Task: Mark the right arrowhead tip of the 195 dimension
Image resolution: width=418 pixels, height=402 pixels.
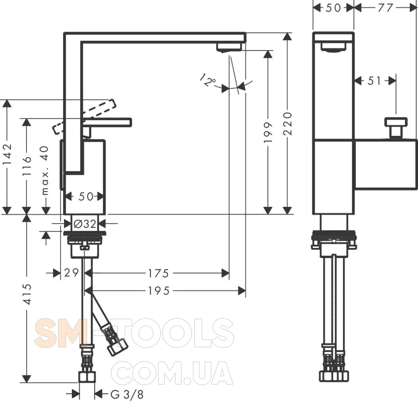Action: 245,291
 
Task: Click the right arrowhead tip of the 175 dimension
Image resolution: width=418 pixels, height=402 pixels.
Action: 229,273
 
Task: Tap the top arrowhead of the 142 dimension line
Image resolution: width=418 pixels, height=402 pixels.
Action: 7,100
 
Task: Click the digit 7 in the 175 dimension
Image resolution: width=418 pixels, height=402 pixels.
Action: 158,273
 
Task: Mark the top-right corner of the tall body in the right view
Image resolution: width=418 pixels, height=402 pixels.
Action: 354,32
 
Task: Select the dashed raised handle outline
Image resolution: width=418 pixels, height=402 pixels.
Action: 84,117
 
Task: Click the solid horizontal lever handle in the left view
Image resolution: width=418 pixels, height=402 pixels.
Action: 107,122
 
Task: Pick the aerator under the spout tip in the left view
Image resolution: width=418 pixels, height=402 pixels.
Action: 229,47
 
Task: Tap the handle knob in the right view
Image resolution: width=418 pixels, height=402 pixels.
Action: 396,128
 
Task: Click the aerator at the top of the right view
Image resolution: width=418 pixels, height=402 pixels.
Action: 333,47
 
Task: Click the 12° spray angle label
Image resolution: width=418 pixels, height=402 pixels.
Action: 207,80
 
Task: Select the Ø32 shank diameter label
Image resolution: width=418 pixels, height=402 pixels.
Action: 84,224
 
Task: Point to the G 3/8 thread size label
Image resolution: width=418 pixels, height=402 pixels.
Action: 127,394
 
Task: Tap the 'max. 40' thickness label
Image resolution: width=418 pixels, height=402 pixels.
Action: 45,171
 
